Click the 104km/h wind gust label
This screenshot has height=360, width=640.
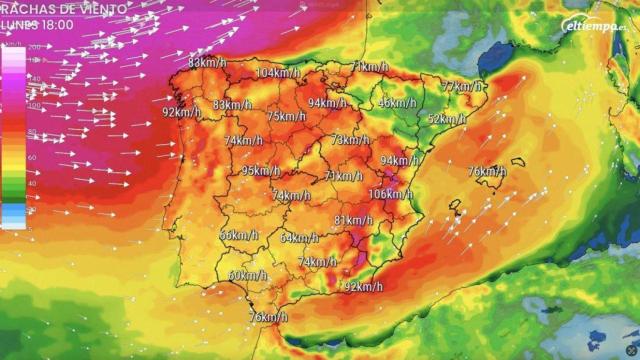pos(280,73)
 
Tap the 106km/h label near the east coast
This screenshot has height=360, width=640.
pos(390,194)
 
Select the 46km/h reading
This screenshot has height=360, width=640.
pos(397,103)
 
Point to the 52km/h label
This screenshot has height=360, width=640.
pos(447,119)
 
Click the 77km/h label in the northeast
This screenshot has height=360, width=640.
pos(461,87)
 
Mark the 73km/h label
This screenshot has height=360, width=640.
pos(351,140)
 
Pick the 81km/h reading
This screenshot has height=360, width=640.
pos(353,220)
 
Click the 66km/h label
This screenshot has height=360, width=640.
pos(238,235)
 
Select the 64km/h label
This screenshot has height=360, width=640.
pos(299,238)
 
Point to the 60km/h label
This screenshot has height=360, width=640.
pos(248,276)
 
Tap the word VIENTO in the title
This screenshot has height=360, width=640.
pos(102,8)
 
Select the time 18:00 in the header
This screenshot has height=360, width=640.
pos(56,24)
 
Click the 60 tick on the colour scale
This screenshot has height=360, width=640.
pos(32,157)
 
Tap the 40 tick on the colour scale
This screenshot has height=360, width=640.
pos(32,183)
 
